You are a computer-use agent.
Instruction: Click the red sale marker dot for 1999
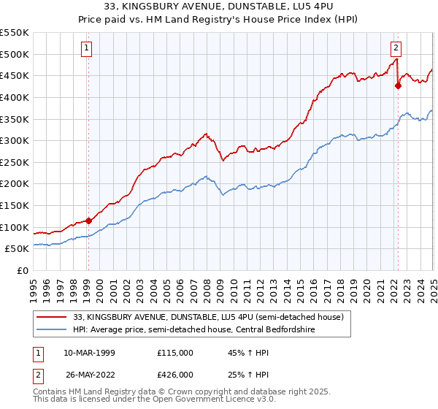click(x=88, y=220)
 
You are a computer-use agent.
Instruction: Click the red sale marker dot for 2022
click(x=398, y=85)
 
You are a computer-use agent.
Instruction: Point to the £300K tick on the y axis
click(x=15, y=140)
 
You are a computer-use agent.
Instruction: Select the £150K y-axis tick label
click(x=15, y=205)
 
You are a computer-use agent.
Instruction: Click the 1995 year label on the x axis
click(x=34, y=288)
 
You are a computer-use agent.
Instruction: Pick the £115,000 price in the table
click(x=175, y=353)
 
